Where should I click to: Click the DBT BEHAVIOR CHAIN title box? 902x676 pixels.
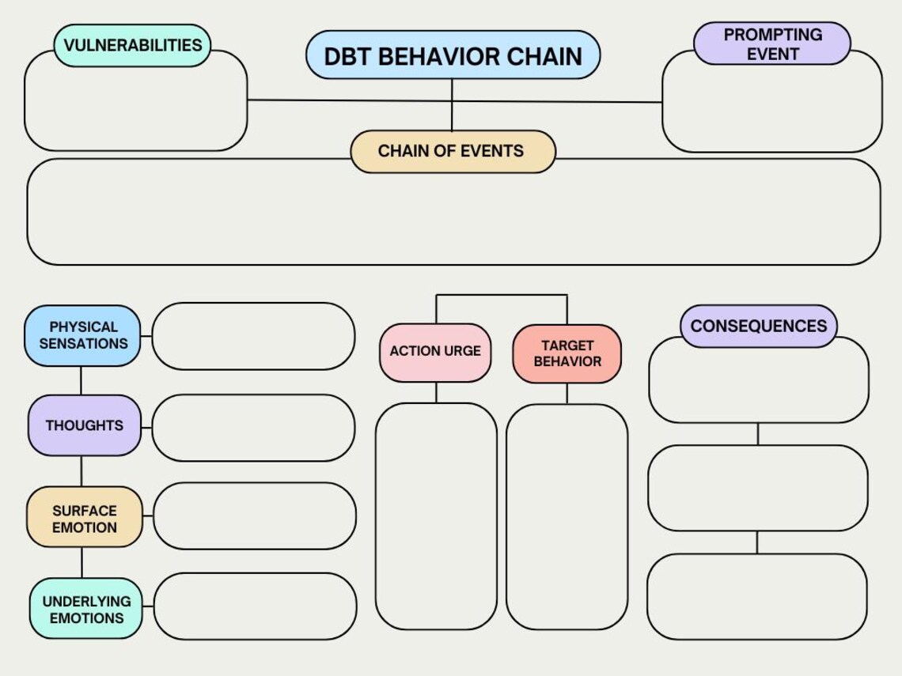tap(453, 55)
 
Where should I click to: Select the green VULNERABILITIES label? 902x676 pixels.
tap(133, 45)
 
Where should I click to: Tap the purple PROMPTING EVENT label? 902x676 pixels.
tap(772, 44)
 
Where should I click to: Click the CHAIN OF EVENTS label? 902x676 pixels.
tap(453, 151)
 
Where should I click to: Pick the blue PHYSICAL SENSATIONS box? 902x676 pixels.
tap(83, 335)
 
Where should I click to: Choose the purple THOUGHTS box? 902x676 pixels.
tap(84, 425)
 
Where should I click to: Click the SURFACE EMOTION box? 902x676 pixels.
tap(85, 519)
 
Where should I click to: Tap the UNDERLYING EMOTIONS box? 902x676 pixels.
tap(86, 610)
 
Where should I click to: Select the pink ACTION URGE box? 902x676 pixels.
tap(435, 351)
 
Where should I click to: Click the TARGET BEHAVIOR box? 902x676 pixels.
tap(567, 353)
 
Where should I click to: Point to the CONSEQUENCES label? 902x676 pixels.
tap(758, 326)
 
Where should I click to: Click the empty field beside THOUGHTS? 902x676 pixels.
tap(253, 428)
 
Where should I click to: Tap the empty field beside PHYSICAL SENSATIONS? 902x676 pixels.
tap(253, 336)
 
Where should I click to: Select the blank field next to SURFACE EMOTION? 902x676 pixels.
tap(254, 516)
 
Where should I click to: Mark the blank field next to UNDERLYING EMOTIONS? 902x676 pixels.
tap(254, 606)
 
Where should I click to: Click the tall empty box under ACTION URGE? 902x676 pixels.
tap(436, 516)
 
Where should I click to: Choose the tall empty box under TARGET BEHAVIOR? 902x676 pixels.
tap(567, 516)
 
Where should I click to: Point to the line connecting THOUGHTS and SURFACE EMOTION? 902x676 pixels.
tap(81, 471)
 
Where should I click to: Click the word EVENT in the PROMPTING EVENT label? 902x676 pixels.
tap(773, 55)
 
